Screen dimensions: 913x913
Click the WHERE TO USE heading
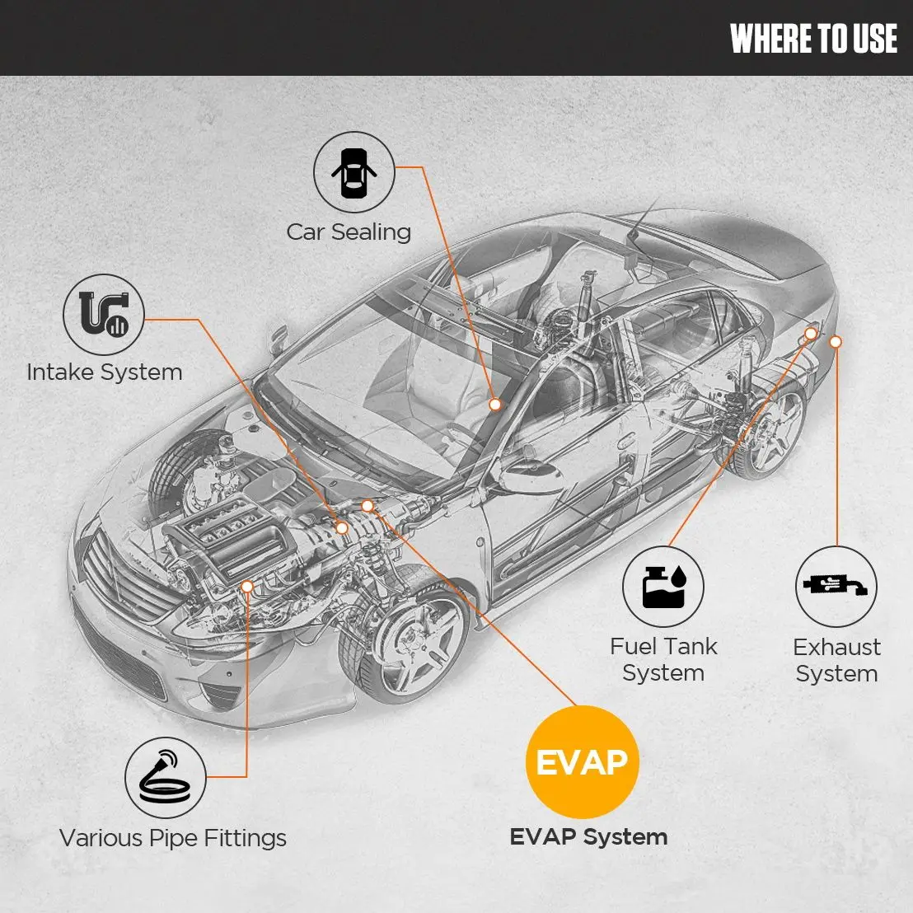tap(813, 39)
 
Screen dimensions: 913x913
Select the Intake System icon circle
tap(104, 316)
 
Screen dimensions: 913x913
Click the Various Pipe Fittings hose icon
tap(165, 777)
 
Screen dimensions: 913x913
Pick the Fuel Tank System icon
tap(663, 587)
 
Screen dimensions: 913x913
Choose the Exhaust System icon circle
tap(836, 587)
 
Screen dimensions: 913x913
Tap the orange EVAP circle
tap(582, 762)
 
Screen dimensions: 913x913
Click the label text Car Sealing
tap(349, 232)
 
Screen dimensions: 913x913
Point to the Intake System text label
tap(105, 372)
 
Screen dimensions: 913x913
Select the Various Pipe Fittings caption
tap(173, 839)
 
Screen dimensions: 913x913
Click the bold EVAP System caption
tap(588, 837)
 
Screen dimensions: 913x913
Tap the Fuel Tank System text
tap(663, 660)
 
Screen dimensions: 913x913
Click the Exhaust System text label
tap(836, 660)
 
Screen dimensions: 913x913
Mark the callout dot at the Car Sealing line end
tap(495, 405)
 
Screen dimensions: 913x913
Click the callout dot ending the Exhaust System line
tap(836, 341)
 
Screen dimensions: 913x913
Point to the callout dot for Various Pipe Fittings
tap(247, 585)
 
